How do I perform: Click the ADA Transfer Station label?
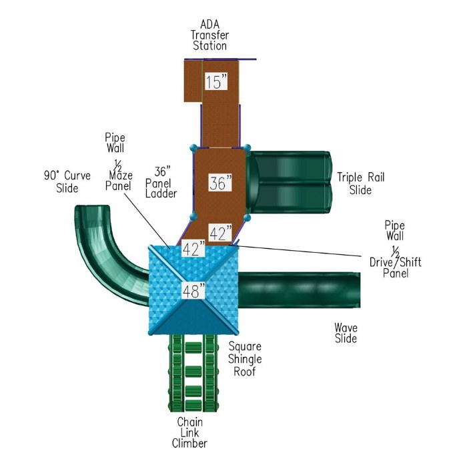tap(210, 35)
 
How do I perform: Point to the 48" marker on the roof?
tap(194, 290)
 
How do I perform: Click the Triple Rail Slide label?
tap(361, 183)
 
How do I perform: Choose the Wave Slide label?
tap(346, 332)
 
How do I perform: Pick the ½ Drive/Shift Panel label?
tap(395, 262)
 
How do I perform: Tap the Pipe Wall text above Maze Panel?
tap(115, 142)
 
